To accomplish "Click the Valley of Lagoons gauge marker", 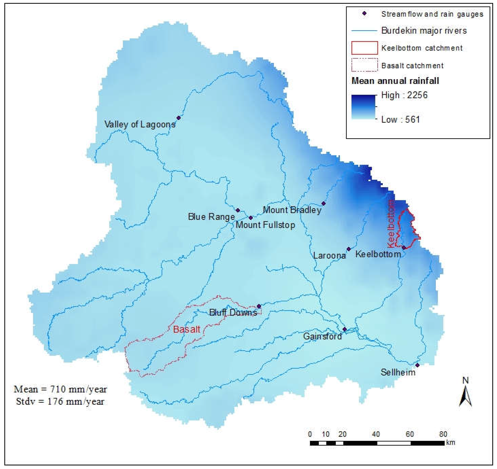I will (178, 118).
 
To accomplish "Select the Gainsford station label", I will (322, 336).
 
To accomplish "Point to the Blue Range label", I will (211, 217).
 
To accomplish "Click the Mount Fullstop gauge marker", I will (251, 218).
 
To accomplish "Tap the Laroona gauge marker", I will (349, 249).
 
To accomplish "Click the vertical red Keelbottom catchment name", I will (391, 224).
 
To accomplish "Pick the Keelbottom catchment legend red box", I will (364, 48).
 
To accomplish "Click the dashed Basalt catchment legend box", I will (364, 65).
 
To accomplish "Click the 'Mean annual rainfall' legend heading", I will (395, 81).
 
